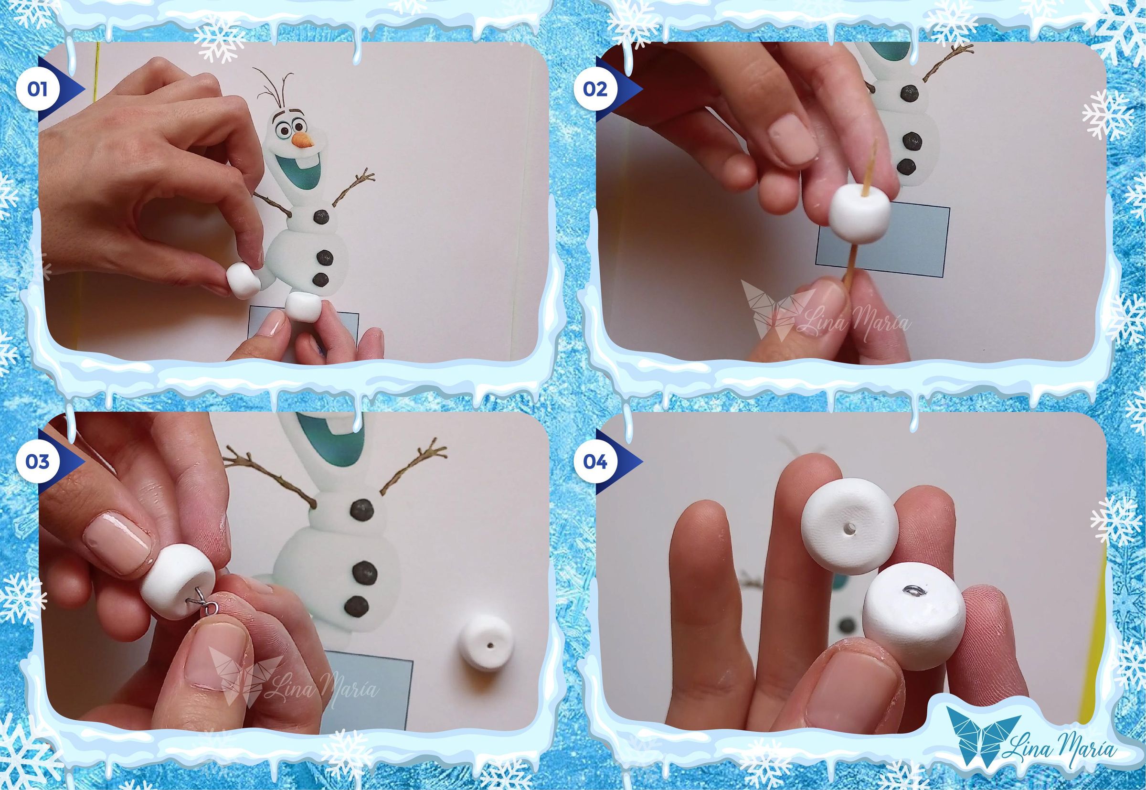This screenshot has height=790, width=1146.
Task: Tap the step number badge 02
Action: click(595, 90)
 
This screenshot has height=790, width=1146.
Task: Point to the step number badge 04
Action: click(595, 461)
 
